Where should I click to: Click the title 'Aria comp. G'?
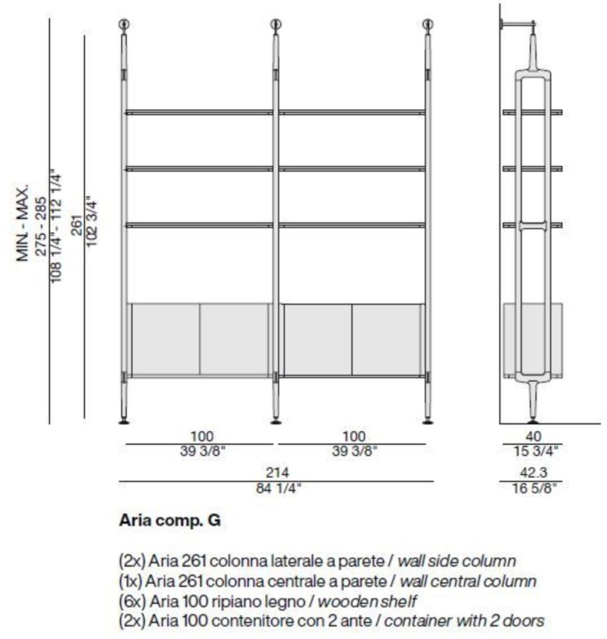tap(170, 521)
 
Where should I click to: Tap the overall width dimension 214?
tap(277, 472)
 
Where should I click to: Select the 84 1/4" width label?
tap(278, 488)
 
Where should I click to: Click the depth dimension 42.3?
tap(534, 472)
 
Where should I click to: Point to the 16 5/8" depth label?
tap(534, 488)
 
